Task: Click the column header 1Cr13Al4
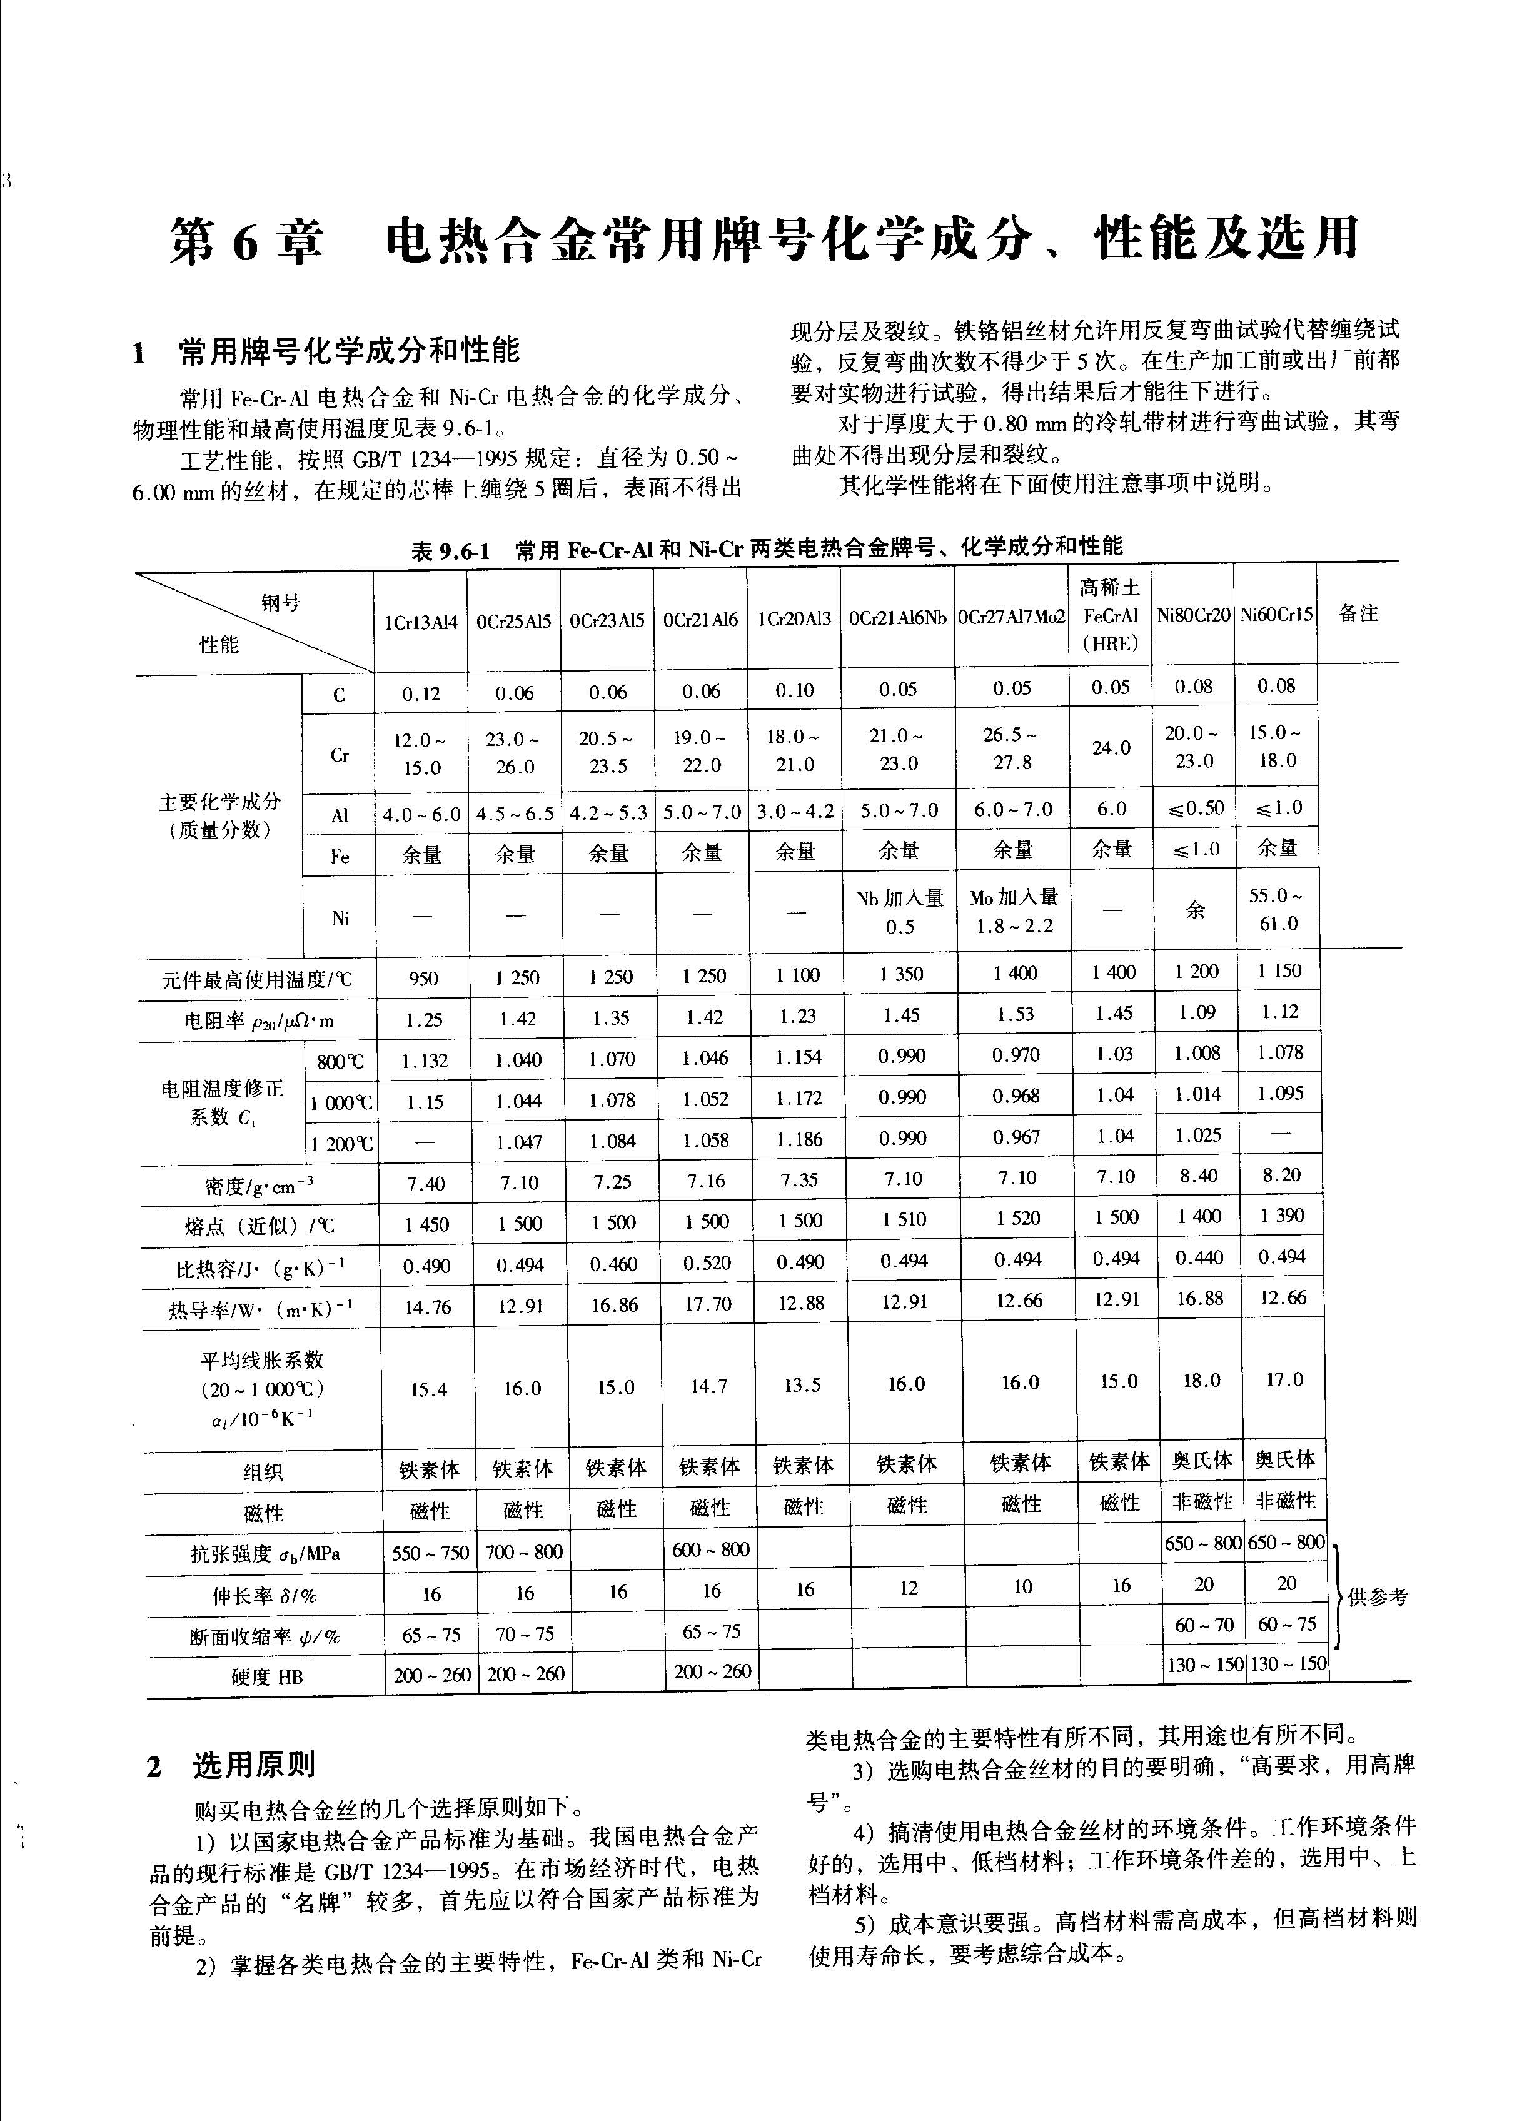tap(421, 621)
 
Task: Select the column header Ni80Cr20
tap(1192, 615)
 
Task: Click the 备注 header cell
tap(1358, 613)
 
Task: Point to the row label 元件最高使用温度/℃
tap(257, 979)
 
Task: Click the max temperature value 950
tap(424, 978)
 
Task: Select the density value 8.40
tap(1198, 1176)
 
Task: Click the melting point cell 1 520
tap(1017, 1219)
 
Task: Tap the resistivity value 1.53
tap(1016, 1015)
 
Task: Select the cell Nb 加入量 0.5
tap(899, 912)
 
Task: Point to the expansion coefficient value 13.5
tap(802, 1385)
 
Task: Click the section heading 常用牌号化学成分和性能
tap(348, 351)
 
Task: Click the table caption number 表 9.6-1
tap(450, 551)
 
